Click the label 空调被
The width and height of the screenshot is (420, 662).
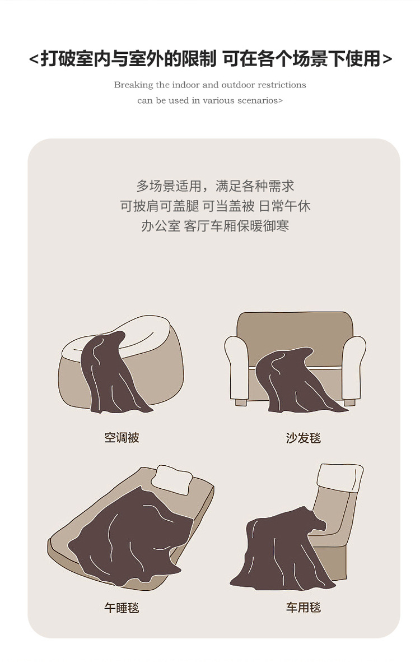122,438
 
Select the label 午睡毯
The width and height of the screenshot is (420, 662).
122,608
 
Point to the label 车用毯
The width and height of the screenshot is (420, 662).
303,608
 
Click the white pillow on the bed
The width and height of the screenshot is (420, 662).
173,479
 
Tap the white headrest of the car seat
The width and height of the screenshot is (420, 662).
340,478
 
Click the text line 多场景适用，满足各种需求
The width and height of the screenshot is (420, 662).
215,186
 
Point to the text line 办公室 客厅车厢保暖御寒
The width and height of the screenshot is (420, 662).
215,226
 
